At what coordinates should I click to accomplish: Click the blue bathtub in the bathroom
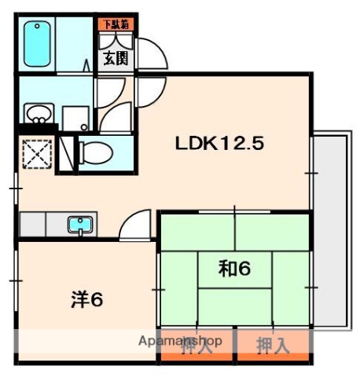click(37, 44)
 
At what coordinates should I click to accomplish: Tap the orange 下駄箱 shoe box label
click(116, 24)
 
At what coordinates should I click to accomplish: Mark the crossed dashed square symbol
click(36, 152)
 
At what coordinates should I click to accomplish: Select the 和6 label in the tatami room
click(233, 269)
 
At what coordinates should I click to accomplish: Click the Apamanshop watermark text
click(180, 342)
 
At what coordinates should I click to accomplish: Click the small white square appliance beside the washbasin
click(76, 119)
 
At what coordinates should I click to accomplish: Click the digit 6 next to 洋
click(98, 298)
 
